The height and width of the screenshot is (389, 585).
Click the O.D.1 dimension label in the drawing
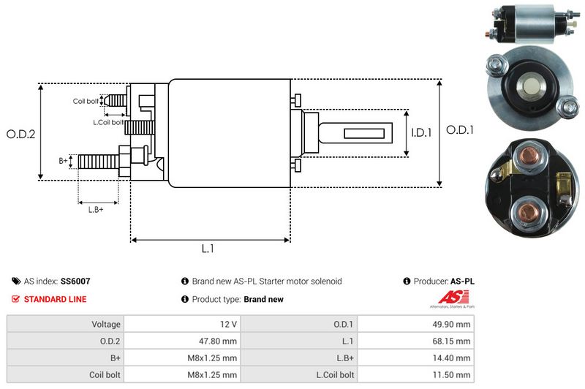[x=461, y=130]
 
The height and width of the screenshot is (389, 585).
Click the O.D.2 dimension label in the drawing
[x=21, y=134]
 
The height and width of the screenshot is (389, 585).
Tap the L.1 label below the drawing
[x=208, y=249]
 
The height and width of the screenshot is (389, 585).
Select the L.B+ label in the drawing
[x=96, y=210]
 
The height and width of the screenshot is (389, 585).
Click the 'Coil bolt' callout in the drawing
[x=86, y=101]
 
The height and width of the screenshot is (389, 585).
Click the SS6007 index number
[x=75, y=281]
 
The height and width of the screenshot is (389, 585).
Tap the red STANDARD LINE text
[x=55, y=299]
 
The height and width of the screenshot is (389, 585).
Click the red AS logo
[x=448, y=298]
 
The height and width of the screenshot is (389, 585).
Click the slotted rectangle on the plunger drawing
[x=363, y=133]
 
